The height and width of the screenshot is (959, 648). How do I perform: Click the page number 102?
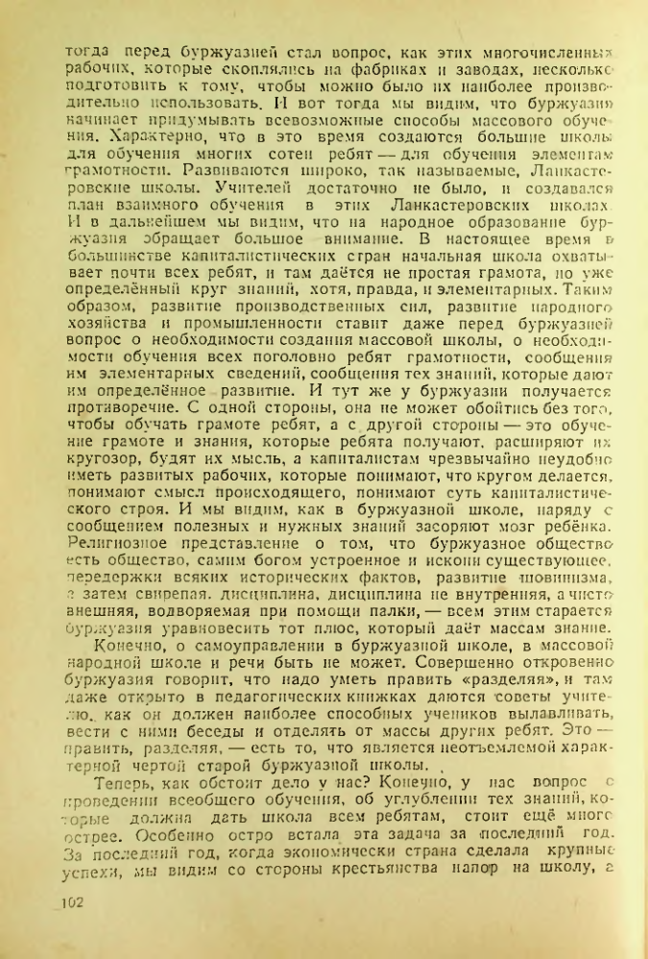74,903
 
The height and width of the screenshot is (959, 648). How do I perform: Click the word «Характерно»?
109,135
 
